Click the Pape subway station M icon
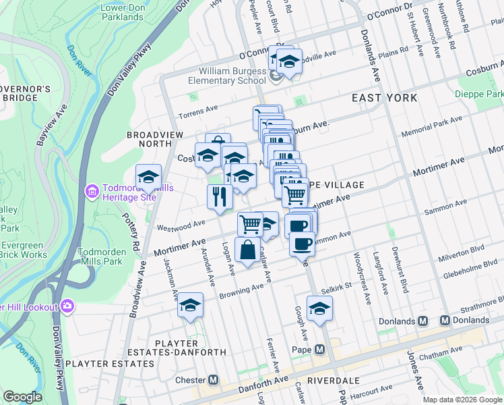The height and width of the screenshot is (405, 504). (x=319, y=350)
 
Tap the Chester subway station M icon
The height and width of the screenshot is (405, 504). (x=214, y=380)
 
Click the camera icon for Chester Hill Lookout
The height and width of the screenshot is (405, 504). (x=67, y=306)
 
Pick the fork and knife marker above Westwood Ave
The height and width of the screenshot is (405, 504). (x=220, y=196)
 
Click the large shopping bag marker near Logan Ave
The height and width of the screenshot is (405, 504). (x=248, y=249)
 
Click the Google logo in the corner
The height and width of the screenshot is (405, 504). (x=22, y=398)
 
